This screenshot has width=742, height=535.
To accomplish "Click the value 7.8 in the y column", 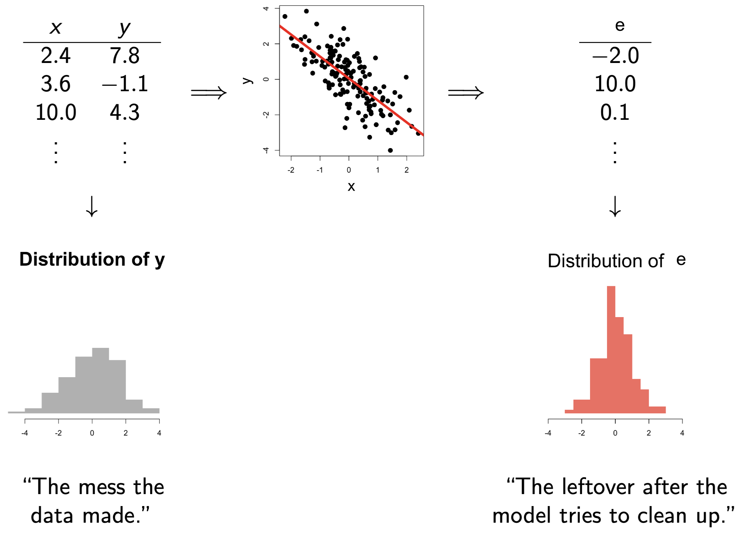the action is (124, 56).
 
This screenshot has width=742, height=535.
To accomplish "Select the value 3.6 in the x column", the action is (56, 84).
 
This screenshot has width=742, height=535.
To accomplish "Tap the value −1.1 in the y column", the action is (125, 84).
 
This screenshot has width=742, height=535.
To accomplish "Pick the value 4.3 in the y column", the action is (124, 112).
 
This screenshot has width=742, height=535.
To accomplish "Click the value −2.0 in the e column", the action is (615, 56).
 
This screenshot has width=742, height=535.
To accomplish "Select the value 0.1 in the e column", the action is (615, 112).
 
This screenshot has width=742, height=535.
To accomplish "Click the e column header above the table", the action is (620, 25).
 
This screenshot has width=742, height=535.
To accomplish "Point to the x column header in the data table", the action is (56, 28).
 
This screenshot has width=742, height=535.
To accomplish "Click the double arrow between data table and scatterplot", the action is (209, 93).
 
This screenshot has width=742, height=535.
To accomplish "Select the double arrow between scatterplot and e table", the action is (466, 93).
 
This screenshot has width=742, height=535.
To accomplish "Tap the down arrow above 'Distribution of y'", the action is (92, 206).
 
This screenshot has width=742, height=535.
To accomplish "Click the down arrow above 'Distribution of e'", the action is (615, 206).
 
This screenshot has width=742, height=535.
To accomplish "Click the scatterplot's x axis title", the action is (351, 187).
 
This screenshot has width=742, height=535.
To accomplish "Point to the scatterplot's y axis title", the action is (247, 80).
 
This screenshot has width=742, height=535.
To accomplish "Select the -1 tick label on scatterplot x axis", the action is (320, 170).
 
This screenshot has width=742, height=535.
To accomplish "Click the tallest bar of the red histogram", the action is (611, 350).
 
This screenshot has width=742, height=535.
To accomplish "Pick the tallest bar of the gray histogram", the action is (101, 380).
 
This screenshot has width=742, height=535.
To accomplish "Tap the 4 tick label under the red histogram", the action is (682, 433).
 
